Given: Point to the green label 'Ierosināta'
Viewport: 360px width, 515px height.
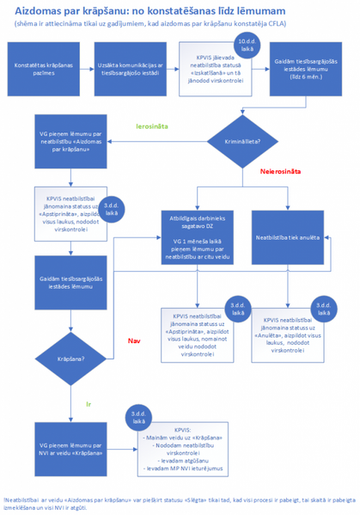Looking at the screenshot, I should (152, 126).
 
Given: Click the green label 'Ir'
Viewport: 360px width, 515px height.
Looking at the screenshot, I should (88, 402).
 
